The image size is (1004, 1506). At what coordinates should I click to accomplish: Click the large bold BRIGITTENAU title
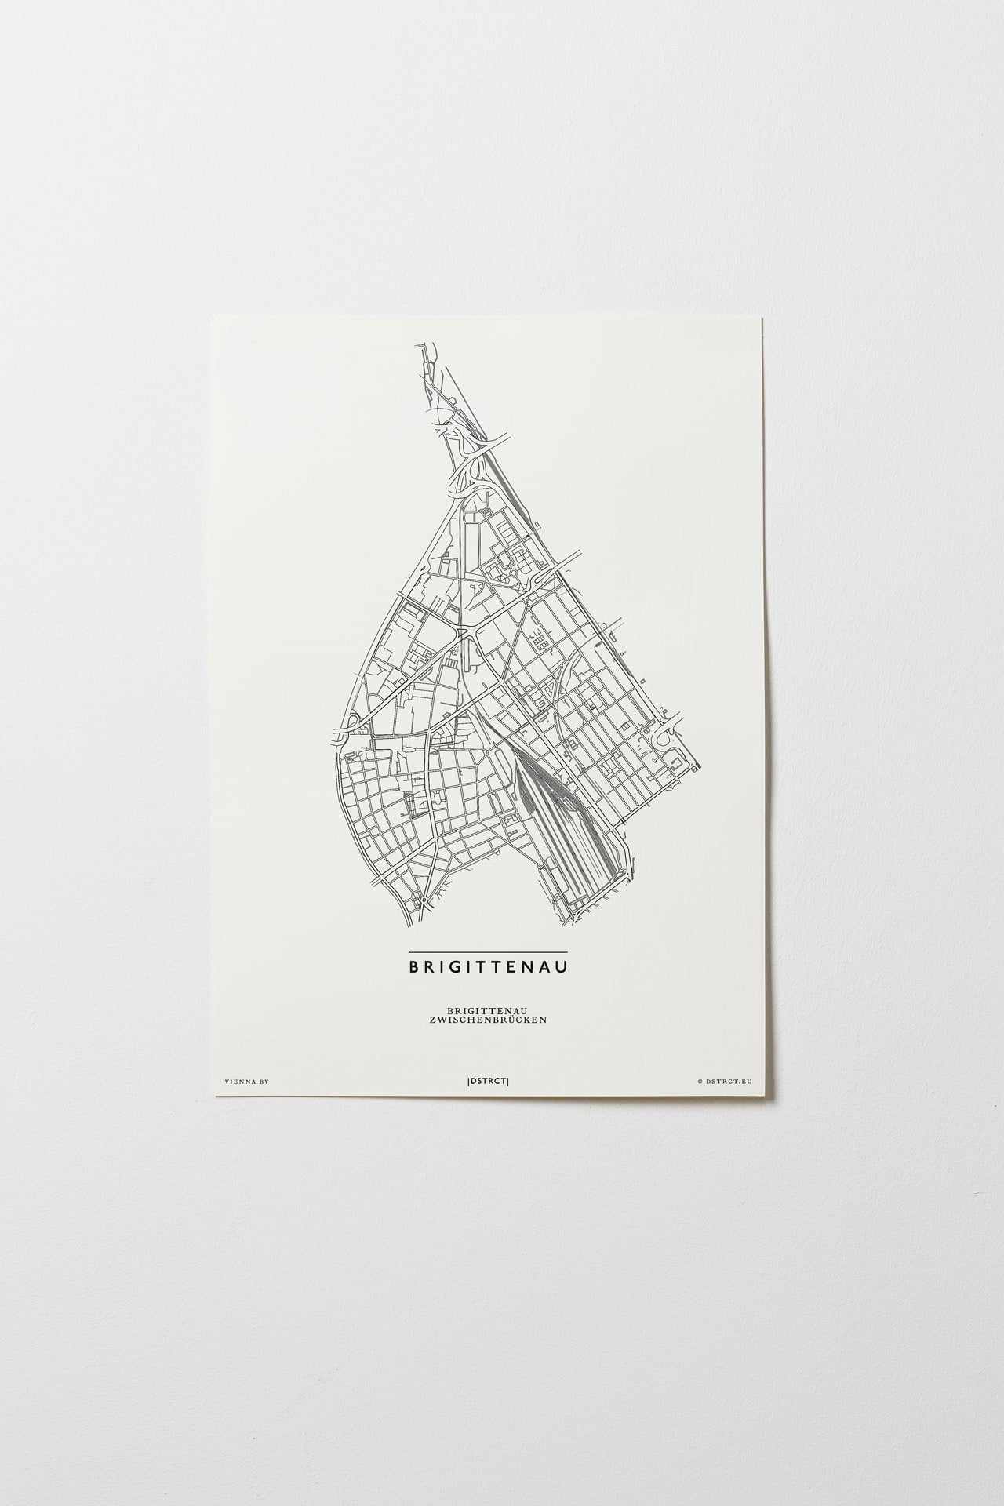coord(487,967)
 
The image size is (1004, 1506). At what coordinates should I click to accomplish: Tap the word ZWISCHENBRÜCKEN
coord(487,1020)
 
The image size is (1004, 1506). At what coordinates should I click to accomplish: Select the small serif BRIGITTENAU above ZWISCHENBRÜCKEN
coord(487,1011)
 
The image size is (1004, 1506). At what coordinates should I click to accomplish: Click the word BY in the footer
coord(264,1082)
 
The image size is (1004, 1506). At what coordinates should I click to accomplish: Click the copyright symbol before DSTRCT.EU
coord(699,1081)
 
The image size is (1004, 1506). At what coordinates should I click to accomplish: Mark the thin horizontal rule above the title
coord(487,951)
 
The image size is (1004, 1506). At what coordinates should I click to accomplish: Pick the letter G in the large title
coord(460,967)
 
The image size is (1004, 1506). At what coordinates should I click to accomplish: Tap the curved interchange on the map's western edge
coord(346,725)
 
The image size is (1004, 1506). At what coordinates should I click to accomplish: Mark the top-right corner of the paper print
coord(763,318)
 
